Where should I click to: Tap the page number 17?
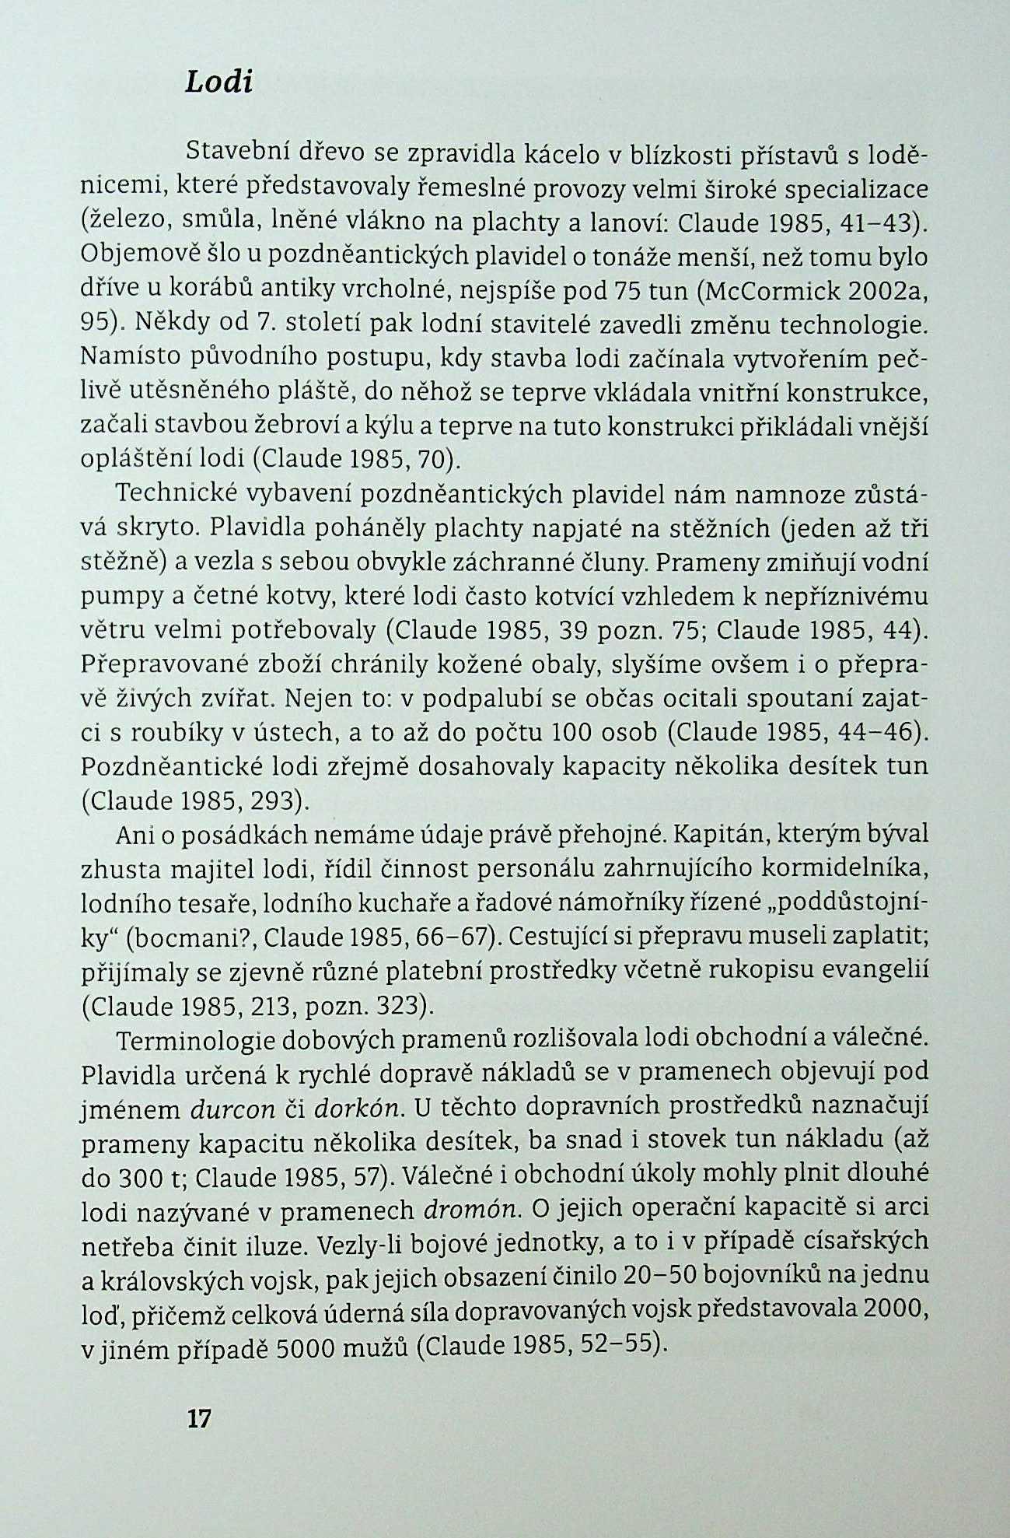(x=199, y=1419)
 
